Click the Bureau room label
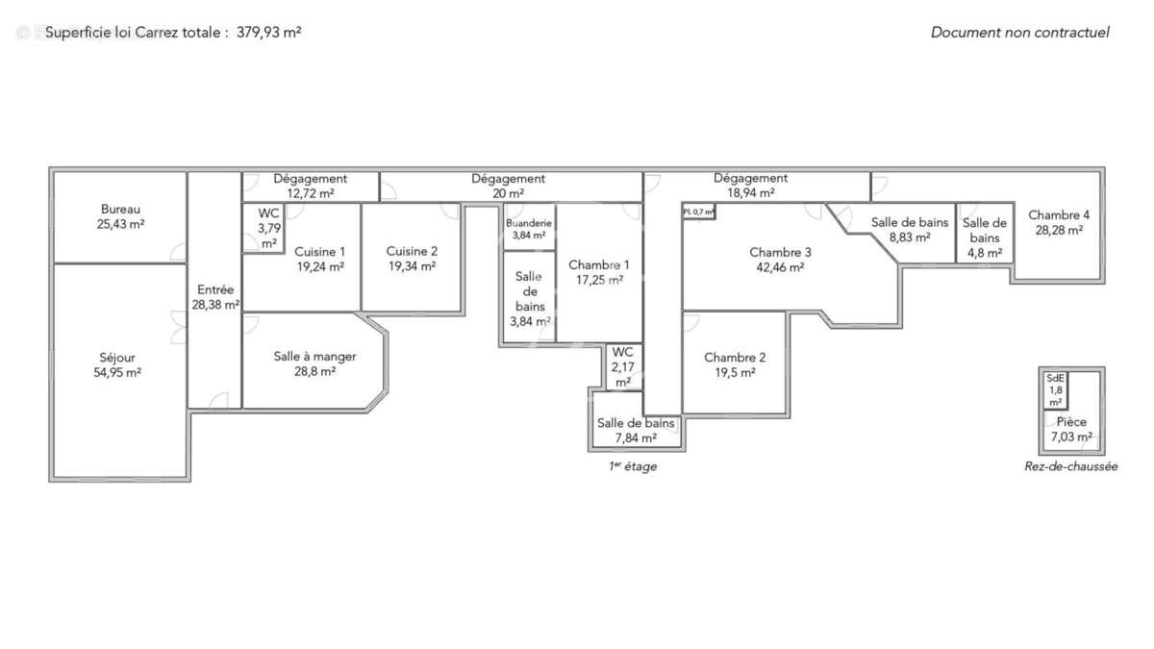[120, 210]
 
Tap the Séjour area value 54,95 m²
[117, 373]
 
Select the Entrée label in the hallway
[214, 289]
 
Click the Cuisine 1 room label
[320, 251]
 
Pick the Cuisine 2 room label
[412, 251]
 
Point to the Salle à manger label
[314, 357]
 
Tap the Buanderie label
[528, 223]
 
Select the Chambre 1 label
[598, 264]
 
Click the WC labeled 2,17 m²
[622, 352]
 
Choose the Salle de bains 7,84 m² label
[636, 423]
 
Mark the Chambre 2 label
[735, 357]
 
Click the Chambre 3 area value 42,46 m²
[780, 268]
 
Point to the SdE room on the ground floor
[1055, 379]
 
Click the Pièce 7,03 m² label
[1071, 422]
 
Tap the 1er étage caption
[632, 466]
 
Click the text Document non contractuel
[1019, 32]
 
